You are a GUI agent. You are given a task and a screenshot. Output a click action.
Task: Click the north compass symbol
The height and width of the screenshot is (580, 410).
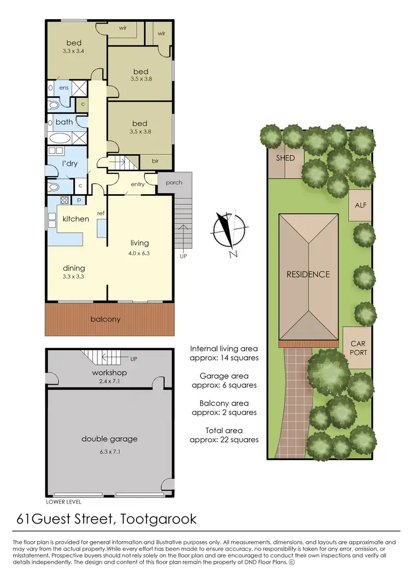[x=226, y=232]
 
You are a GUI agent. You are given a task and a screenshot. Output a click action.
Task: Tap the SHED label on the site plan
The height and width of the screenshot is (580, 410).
[x=285, y=158]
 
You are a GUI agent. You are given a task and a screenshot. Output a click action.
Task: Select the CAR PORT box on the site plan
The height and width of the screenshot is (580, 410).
[x=359, y=349]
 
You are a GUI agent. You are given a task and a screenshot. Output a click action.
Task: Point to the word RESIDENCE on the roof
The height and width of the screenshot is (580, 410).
[x=308, y=274]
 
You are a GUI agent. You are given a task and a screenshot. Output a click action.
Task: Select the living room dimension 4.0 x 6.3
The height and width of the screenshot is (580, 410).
[x=139, y=253]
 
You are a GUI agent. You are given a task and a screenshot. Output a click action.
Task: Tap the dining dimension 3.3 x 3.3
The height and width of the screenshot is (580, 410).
[x=74, y=277]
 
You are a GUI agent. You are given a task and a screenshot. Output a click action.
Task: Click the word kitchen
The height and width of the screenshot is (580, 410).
[x=75, y=219]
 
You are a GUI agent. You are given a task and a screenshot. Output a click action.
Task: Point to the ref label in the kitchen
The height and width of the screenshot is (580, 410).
[x=101, y=214]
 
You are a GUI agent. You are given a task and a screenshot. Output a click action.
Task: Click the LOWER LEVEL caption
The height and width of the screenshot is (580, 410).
[x=65, y=501]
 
